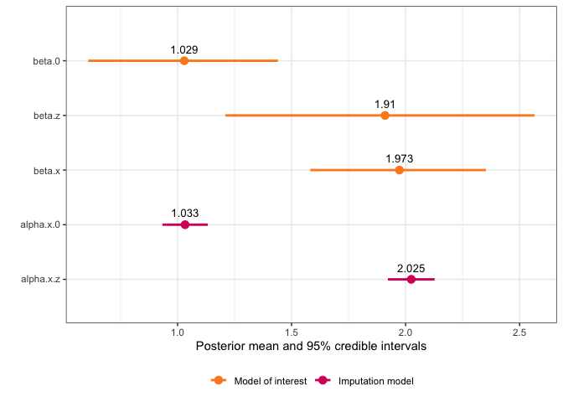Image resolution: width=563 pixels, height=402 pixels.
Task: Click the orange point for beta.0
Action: (184, 61)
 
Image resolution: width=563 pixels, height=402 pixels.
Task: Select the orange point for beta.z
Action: (385, 116)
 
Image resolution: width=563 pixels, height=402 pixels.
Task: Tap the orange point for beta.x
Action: (400, 170)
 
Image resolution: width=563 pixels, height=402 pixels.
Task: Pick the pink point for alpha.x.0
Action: (185, 224)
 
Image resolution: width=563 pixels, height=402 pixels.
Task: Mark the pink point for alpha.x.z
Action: (411, 279)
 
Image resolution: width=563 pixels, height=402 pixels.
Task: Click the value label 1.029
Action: (184, 50)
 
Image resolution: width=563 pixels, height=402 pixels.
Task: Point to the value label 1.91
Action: (385, 105)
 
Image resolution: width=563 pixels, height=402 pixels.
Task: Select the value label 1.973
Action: (400, 159)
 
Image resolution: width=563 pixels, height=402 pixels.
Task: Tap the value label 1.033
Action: (185, 214)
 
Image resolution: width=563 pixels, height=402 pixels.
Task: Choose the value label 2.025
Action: (411, 268)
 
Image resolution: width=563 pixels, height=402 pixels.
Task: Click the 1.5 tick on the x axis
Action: (292, 331)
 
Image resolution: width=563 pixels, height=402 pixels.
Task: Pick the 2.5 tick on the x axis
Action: (519, 331)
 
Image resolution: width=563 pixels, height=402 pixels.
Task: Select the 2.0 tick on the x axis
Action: (405, 331)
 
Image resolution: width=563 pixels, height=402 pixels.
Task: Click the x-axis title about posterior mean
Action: (311, 345)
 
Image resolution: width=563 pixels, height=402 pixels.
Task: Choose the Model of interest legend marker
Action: (219, 381)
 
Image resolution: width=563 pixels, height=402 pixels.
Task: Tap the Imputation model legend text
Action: (376, 381)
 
